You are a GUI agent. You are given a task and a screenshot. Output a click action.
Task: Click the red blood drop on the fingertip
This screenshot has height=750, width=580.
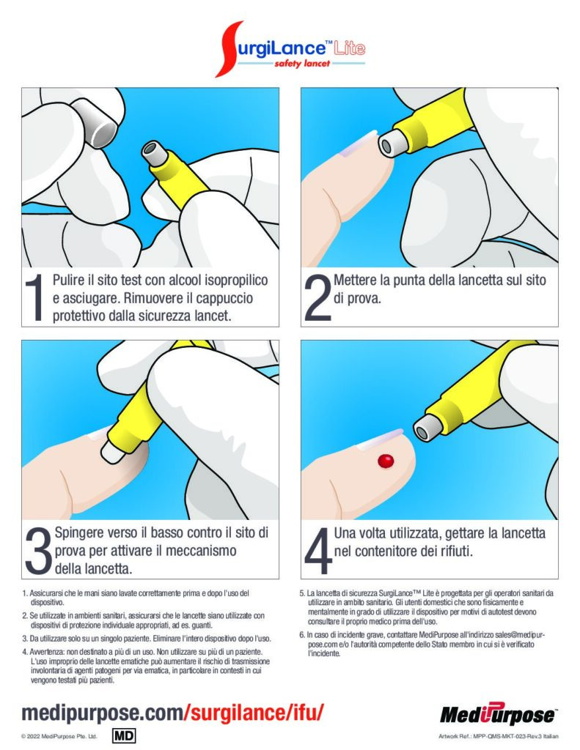click(386, 461)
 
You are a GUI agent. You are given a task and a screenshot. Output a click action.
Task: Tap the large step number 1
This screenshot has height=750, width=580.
click(34, 297)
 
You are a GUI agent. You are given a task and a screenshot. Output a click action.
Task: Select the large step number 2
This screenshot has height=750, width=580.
click(317, 297)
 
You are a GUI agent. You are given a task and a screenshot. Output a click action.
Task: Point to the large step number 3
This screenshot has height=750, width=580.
click(38, 551)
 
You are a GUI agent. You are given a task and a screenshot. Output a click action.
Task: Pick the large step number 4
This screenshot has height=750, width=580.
click(318, 551)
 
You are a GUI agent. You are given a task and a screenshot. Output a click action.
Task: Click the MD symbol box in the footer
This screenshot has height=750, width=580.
click(124, 735)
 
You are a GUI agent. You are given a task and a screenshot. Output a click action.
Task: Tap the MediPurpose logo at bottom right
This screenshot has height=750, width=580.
click(498, 714)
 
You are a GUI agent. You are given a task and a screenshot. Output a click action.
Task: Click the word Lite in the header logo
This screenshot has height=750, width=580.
click(350, 48)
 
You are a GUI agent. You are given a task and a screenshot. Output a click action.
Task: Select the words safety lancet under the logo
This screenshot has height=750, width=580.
click(302, 63)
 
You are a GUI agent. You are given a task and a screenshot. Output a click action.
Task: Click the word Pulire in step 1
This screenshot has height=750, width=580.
click(68, 280)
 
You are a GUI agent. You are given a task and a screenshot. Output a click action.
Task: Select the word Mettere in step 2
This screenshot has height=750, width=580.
click(355, 280)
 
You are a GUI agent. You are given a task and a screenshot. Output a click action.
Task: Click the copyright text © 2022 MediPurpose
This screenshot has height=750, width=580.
click(59, 736)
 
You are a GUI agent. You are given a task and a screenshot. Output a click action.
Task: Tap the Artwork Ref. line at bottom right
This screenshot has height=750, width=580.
click(498, 736)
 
